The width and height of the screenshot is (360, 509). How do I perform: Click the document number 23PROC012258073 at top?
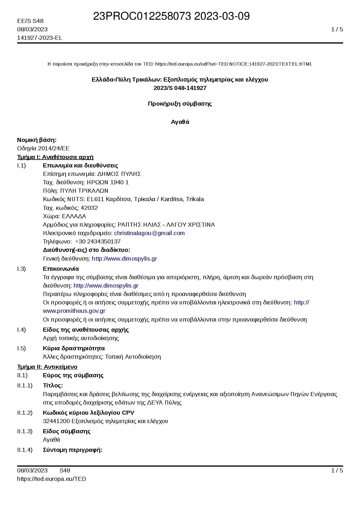142,17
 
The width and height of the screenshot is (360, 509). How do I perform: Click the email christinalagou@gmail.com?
149,233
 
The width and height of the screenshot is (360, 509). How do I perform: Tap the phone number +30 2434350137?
98,241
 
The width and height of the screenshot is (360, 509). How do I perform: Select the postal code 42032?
89,208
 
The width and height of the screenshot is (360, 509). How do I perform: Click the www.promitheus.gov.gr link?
74,311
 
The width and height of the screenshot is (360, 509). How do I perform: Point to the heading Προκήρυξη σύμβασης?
180,104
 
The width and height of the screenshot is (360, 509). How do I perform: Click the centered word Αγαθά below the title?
180,122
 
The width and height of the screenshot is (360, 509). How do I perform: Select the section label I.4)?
21,330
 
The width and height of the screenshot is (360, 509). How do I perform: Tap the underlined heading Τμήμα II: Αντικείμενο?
47,367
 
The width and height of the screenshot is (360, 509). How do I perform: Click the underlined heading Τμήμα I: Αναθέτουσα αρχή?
55,157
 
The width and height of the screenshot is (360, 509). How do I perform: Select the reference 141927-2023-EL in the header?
39,38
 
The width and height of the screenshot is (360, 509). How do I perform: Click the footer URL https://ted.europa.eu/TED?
52,479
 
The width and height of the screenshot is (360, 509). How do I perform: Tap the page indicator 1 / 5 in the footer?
337,470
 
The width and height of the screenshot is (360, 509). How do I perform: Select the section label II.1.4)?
25,450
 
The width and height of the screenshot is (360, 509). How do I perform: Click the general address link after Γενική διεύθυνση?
124,259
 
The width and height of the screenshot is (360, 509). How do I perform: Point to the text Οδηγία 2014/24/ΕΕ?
43,148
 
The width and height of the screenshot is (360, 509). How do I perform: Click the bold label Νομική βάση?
37,140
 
